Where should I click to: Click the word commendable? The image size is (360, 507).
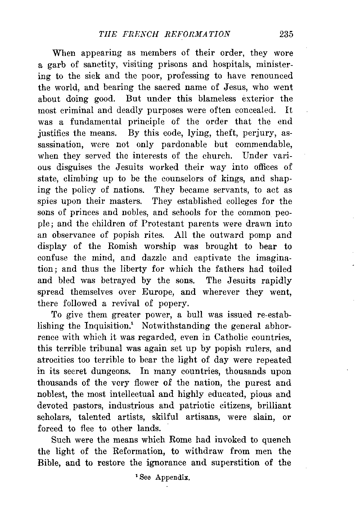264,145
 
